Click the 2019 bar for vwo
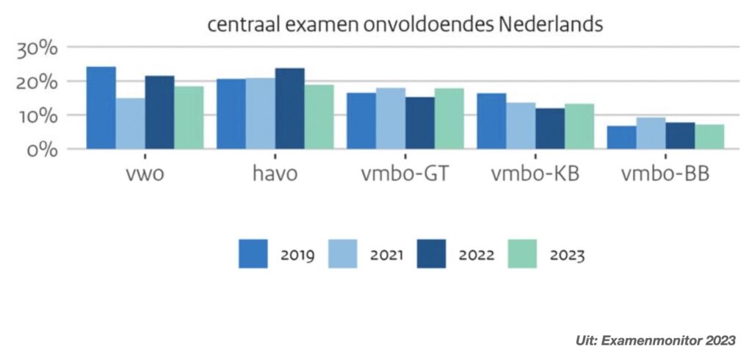tap(101, 108)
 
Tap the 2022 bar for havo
tap(290, 109)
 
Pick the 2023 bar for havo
tap(319, 117)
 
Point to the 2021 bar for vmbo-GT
tap(391, 118)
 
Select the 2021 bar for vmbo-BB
tap(651, 133)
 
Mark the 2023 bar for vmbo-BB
tap(709, 137)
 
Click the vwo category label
tap(145, 177)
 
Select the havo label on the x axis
tap(276, 177)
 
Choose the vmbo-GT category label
tap(405, 177)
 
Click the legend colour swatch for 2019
tap(254, 254)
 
